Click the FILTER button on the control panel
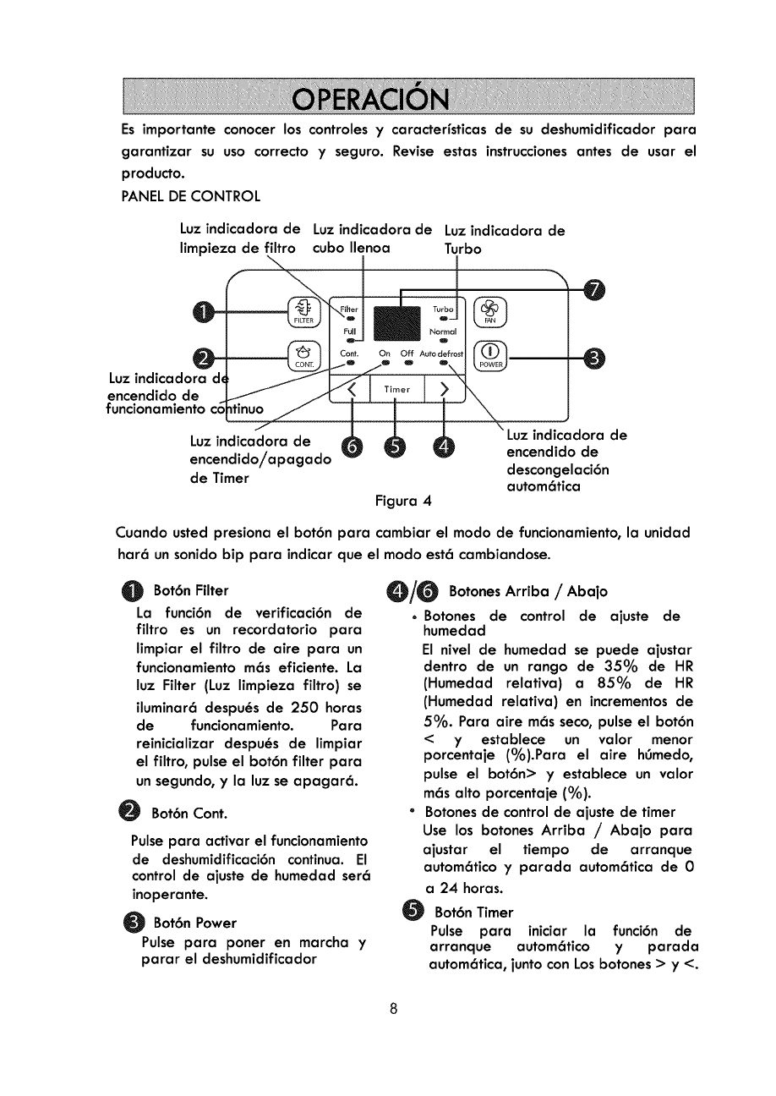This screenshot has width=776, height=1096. click(303, 313)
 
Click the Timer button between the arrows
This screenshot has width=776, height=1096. click(396, 389)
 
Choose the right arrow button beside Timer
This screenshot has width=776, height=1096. click(443, 389)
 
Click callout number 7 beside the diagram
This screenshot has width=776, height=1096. click(596, 290)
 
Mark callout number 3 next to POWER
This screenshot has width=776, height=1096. click(596, 359)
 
